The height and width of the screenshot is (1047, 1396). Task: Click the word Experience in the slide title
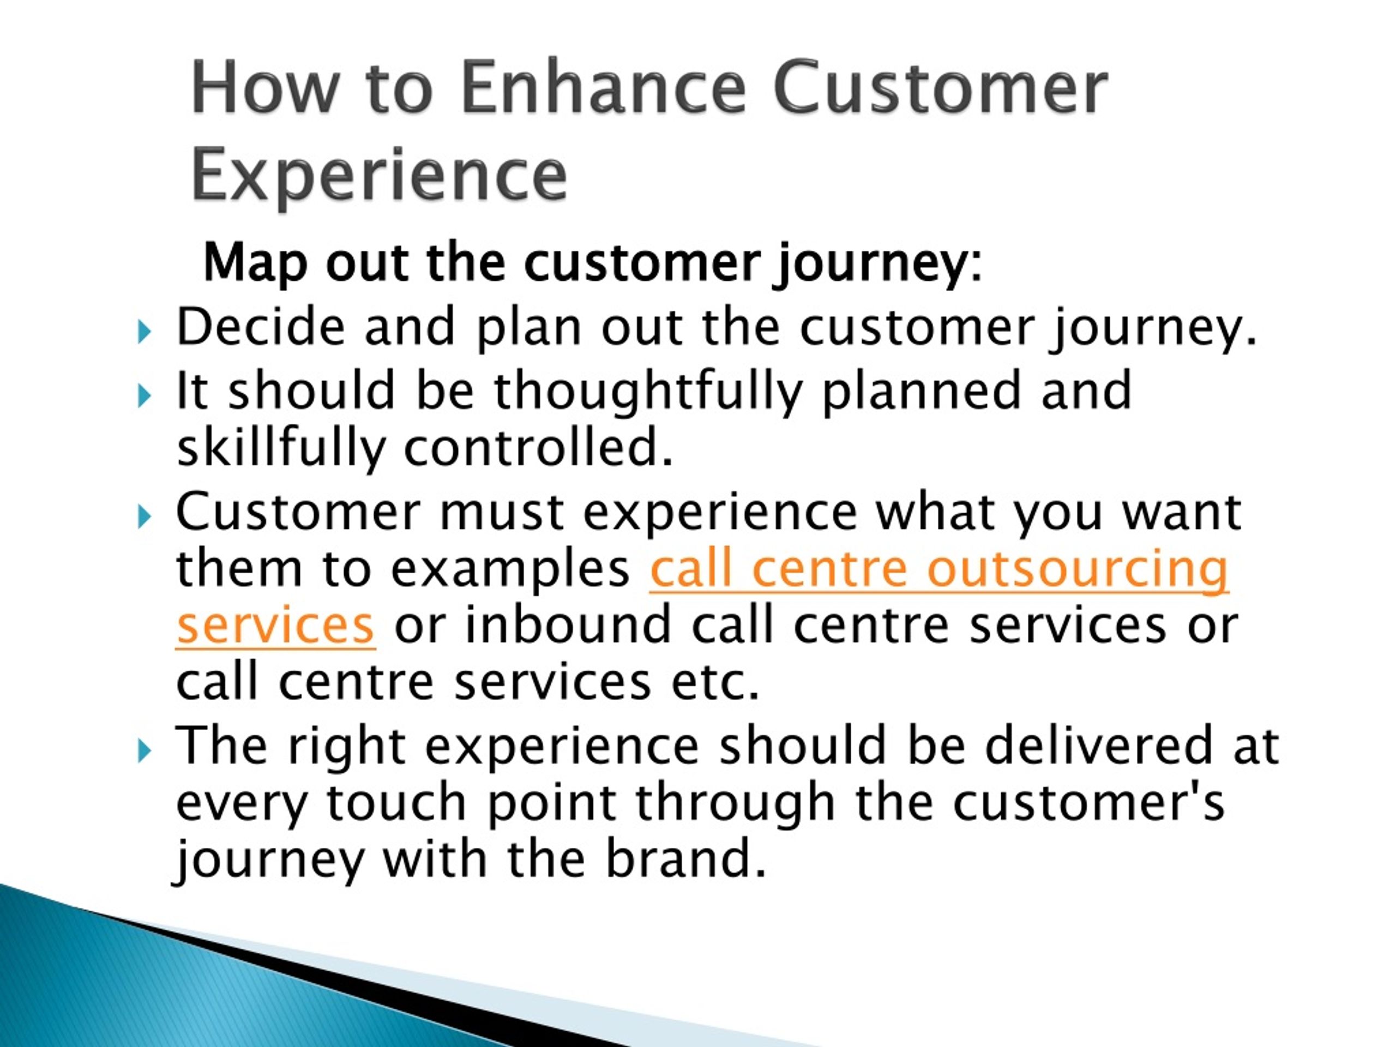coord(378,173)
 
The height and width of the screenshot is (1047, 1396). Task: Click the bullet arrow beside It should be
coord(145,396)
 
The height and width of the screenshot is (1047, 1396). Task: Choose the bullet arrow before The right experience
coord(145,750)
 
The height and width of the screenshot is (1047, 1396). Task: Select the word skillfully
coord(281,450)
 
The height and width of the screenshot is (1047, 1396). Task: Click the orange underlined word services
coord(276,625)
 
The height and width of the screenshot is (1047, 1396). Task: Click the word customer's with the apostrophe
coord(1088,803)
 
